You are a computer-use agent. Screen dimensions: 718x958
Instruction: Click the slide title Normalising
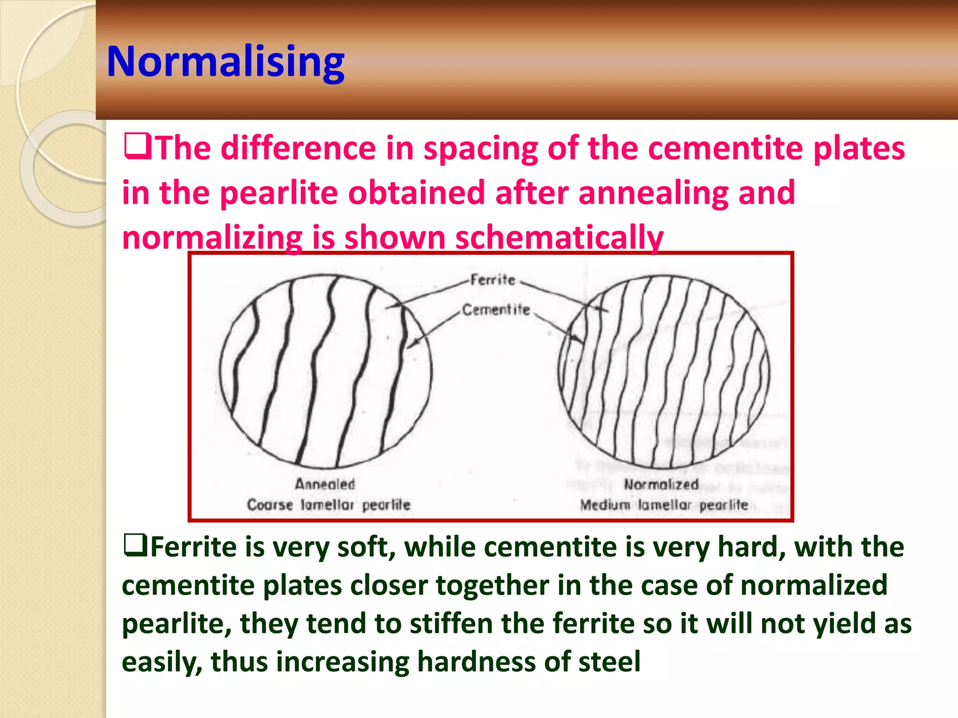225,62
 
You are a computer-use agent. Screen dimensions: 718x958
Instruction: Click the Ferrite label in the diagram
492,280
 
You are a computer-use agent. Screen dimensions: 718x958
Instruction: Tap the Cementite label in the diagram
496,309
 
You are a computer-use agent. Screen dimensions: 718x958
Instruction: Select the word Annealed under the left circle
325,484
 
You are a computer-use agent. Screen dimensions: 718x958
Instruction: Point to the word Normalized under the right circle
661,485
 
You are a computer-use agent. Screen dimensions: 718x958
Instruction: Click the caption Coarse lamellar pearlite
328,505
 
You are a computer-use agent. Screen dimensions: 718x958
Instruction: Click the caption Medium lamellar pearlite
664,505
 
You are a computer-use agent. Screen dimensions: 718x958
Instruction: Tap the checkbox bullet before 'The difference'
137,146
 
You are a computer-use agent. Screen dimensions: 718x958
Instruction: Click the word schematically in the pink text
559,237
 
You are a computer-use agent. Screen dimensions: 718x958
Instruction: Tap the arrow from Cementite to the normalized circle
559,328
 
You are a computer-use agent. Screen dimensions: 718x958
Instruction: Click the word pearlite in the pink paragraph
278,193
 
